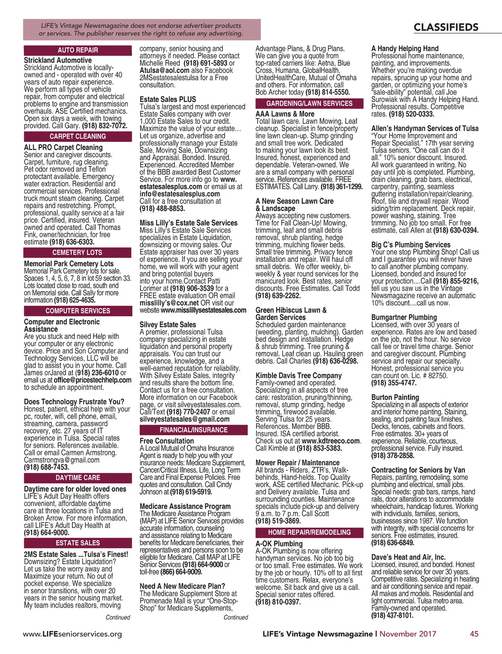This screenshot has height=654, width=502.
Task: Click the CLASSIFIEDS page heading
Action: point(446,28)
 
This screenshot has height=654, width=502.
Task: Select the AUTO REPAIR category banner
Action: point(78,50)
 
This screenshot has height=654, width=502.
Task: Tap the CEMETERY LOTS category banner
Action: point(77,253)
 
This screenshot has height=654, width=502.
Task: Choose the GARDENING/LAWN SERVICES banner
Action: point(309,103)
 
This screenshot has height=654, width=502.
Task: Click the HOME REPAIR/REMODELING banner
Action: point(309,532)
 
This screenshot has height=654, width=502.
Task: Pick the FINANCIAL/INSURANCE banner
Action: point(193,430)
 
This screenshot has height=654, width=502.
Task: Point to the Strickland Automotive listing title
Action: point(58,60)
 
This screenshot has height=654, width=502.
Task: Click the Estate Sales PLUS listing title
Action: point(168,100)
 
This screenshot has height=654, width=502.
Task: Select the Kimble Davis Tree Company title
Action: point(298,375)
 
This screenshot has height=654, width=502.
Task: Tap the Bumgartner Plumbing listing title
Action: point(404,317)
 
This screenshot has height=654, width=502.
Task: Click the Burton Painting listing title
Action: point(395,397)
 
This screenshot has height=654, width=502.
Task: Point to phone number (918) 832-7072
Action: point(105,126)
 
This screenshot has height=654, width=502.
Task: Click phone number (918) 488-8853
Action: point(162,208)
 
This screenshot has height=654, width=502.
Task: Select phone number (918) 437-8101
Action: point(392,615)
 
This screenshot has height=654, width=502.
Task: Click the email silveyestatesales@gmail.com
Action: point(184,419)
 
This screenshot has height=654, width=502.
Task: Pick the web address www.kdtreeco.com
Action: point(330,441)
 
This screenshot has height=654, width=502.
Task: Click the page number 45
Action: point(474,633)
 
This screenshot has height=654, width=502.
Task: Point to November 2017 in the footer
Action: point(407,633)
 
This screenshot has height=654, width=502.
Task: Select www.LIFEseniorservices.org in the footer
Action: point(72,634)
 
